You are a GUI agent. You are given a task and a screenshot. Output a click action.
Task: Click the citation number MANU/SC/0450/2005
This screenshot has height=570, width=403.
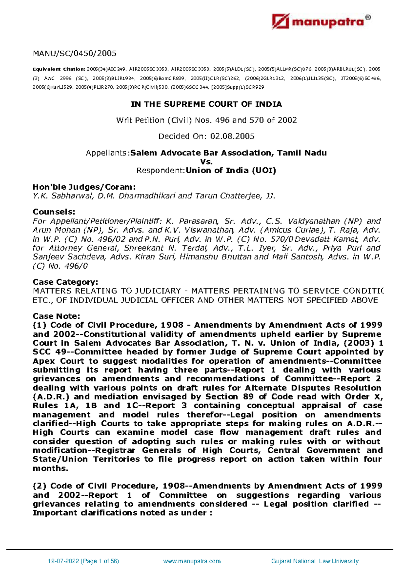(x=75, y=53)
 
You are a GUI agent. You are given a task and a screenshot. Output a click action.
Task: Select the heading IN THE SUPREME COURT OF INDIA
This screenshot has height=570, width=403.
(x=206, y=104)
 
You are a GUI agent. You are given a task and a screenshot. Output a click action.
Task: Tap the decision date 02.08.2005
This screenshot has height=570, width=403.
(x=232, y=136)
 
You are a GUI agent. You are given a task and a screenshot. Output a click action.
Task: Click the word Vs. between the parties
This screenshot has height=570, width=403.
(x=206, y=162)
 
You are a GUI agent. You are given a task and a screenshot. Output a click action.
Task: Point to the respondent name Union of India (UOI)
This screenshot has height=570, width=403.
(x=231, y=171)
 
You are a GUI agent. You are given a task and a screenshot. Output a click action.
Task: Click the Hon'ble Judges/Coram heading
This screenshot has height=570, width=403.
(x=84, y=187)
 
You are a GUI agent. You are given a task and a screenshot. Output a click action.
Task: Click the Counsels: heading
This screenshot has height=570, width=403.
(x=54, y=212)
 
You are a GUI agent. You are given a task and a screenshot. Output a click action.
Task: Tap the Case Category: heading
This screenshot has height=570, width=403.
(x=65, y=282)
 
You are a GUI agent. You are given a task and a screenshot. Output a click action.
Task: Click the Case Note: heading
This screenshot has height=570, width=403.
(x=56, y=316)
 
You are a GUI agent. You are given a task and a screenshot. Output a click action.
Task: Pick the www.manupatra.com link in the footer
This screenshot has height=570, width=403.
(x=191, y=561)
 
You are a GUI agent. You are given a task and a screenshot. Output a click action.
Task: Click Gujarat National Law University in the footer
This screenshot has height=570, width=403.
(x=315, y=561)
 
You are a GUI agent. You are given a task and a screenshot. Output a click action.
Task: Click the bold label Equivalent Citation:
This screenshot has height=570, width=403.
(x=59, y=69)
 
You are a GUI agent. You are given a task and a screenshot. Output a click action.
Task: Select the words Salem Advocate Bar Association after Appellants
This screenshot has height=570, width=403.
(x=202, y=153)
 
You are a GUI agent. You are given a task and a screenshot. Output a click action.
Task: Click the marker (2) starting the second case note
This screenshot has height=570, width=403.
(x=40, y=486)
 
